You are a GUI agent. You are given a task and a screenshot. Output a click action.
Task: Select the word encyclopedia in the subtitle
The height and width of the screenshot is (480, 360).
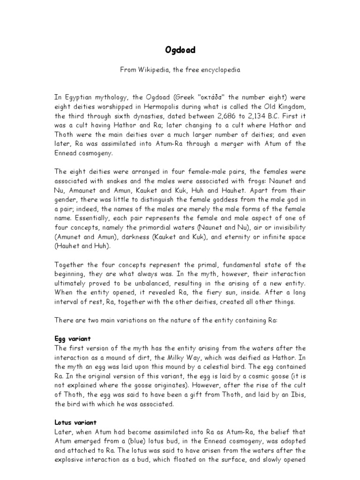(x=219, y=70)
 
